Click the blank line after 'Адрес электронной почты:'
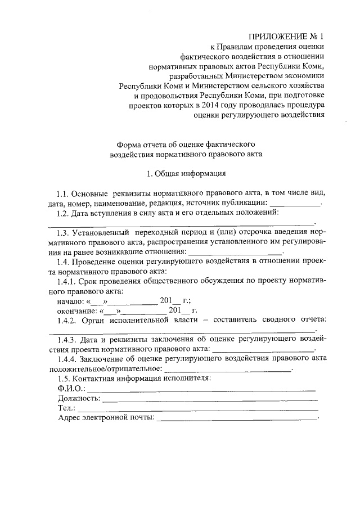click(237, 419)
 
